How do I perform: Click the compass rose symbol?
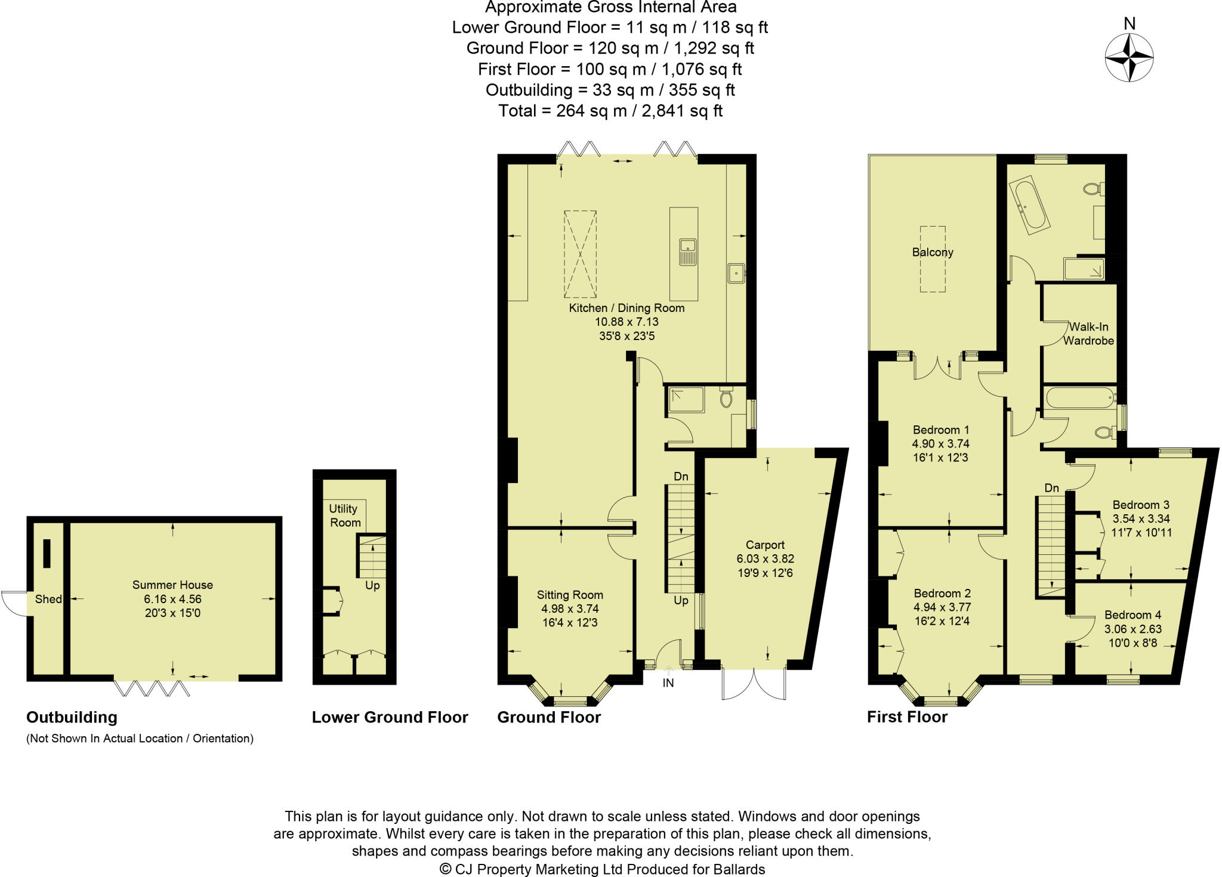pos(1129,58)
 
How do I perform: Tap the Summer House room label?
pos(172,585)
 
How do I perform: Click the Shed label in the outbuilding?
pos(48,599)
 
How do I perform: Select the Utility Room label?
pos(345,515)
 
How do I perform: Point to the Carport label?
pos(765,545)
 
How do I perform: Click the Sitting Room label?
pos(570,595)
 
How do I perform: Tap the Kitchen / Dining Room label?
pos(627,308)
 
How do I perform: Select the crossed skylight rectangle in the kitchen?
pos(580,254)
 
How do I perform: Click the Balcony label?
pos(933,252)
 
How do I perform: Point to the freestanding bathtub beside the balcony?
pos(1030,206)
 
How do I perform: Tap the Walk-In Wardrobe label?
pos(1088,333)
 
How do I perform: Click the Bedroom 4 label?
pos(1132,614)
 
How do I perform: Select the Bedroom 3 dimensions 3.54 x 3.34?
pos(1141,518)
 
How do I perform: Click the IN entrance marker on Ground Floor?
pos(668,683)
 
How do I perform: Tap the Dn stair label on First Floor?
pos(1051,488)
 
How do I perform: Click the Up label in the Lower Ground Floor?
pos(372,585)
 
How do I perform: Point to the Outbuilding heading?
pos(72,717)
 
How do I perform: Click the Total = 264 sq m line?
pos(610,111)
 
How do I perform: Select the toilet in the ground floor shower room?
pos(726,398)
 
